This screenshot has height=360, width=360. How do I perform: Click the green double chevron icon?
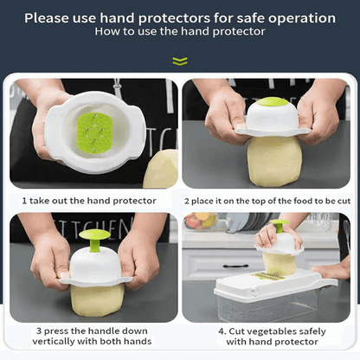point(180,61)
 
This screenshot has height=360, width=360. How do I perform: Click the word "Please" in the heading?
point(46,18)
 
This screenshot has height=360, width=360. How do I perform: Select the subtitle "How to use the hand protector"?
point(180,31)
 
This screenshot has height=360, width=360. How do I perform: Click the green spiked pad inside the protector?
point(94,133)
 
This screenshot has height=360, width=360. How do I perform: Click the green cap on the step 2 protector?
point(272,101)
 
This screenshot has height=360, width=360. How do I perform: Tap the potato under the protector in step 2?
point(274,160)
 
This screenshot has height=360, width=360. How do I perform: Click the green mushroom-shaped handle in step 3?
point(94,240)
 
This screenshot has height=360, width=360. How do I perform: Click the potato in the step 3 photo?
point(97,300)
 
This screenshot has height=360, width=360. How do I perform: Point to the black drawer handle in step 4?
point(235,266)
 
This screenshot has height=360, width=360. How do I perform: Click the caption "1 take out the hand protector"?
point(89,201)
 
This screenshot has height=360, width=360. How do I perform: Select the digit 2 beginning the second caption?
point(187,201)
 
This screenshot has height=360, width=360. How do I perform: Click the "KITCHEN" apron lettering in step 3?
point(95,228)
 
